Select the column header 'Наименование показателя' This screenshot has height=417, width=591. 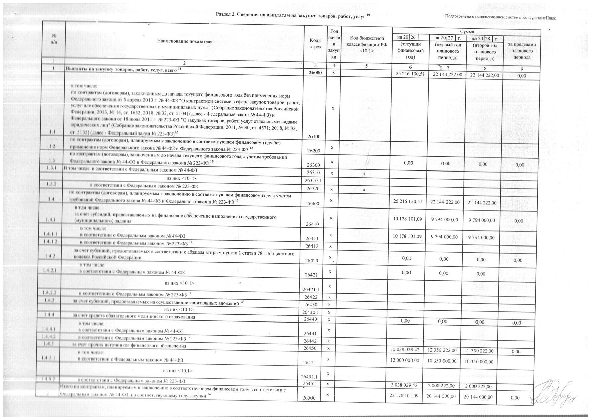click(185, 41)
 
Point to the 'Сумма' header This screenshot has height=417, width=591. click(467, 31)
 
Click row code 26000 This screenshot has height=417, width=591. click(315, 73)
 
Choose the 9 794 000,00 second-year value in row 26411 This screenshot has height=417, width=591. click(482, 237)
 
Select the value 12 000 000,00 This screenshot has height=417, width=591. click(406, 360)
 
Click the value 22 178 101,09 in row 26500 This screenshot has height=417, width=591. click(404, 395)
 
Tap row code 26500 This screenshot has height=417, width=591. click(309, 398)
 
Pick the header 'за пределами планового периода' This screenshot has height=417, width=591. click(522, 51)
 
